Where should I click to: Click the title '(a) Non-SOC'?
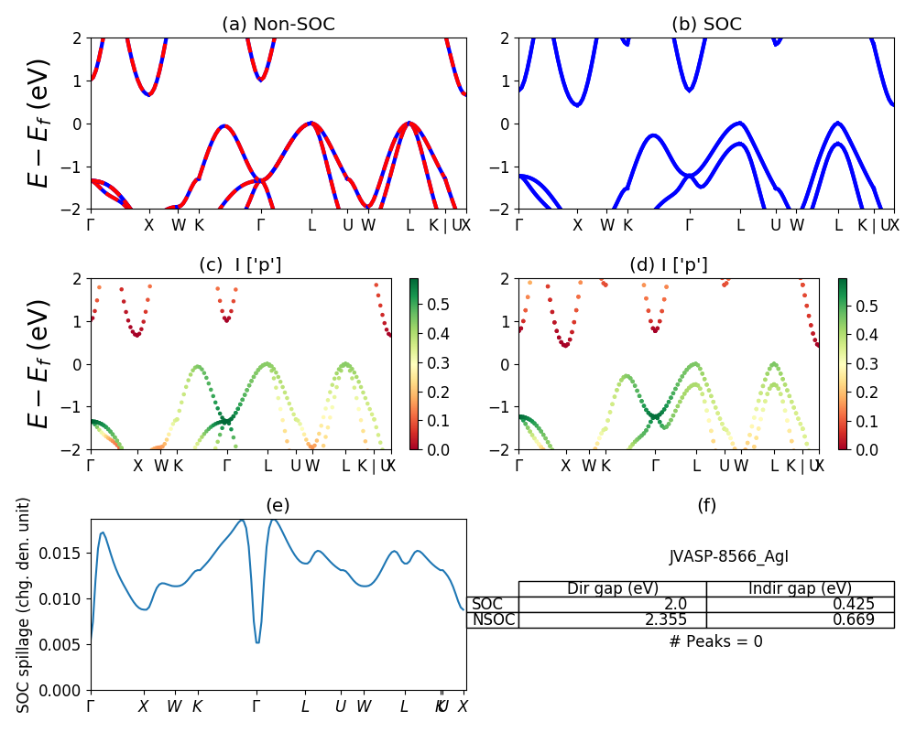278,25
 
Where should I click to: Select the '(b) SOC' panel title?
706,25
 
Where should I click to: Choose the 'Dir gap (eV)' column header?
613,588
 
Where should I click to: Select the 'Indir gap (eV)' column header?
800,588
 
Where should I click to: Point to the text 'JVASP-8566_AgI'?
729,556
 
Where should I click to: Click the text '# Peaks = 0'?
715,641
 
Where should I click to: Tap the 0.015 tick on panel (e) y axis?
63,554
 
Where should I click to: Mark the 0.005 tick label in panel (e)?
63,645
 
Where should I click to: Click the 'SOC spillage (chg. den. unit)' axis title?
25,605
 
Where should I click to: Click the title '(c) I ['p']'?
240,265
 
